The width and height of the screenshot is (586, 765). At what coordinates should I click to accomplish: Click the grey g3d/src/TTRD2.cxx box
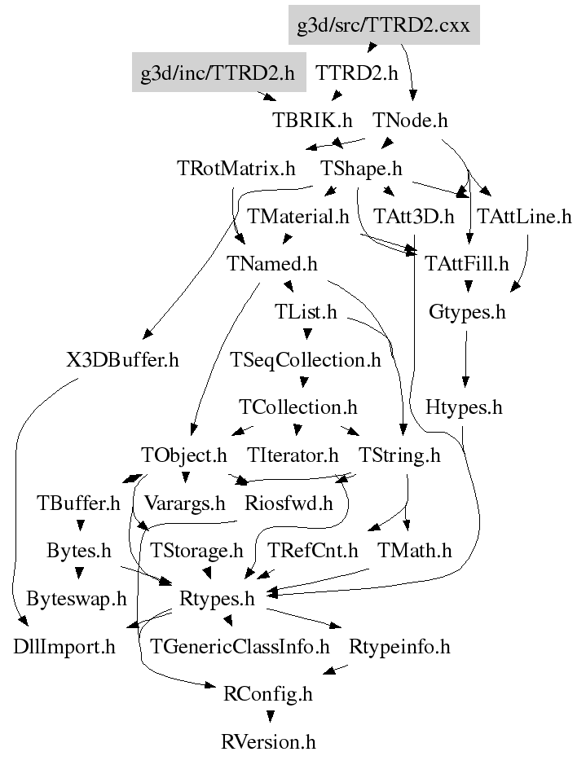384,25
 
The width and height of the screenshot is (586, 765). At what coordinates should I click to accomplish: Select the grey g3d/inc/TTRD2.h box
218,73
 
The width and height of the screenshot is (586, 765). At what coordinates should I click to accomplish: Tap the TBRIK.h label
312,120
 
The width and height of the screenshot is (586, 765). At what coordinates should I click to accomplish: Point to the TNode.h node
410,120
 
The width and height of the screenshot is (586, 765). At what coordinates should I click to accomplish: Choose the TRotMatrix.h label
236,169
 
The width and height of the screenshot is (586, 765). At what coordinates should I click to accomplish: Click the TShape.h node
361,169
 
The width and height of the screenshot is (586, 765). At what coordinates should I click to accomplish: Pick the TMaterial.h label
298,216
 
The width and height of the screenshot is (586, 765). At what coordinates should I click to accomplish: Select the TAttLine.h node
524,216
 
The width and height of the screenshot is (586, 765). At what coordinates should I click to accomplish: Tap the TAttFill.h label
467,264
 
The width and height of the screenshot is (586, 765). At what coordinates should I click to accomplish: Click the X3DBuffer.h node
122,360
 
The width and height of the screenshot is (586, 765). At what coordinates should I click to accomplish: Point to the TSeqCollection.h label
306,360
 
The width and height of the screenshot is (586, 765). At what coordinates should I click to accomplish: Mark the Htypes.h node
464,407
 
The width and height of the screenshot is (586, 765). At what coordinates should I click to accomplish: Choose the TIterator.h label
293,455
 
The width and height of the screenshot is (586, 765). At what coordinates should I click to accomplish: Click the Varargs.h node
185,503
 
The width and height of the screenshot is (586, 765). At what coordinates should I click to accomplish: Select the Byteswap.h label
77,599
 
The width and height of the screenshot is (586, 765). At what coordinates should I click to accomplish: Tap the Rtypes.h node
217,599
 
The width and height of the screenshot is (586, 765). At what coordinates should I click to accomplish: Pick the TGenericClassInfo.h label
240,646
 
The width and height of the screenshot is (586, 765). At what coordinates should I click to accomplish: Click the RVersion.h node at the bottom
268,742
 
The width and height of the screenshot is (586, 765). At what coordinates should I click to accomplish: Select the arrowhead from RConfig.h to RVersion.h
270,717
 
